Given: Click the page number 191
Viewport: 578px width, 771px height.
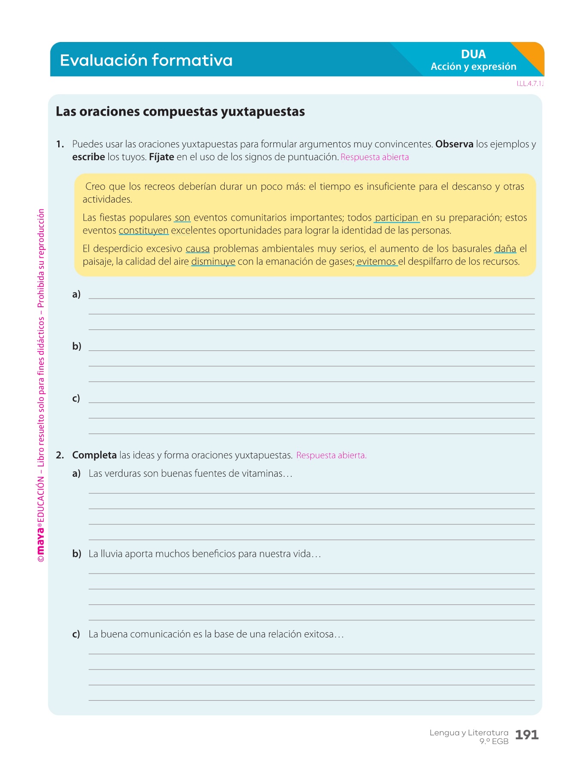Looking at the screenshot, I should tap(527, 735).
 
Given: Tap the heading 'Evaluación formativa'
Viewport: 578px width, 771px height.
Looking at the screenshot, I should tap(146, 60).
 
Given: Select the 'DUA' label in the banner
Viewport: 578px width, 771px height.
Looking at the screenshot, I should tap(473, 54).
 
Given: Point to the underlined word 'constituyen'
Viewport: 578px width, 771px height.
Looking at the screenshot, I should tap(143, 230).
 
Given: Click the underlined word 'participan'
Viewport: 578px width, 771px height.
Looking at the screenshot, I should tap(396, 218).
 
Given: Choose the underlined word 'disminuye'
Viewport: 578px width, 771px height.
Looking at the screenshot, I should tap(213, 262).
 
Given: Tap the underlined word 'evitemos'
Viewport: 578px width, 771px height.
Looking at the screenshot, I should tap(376, 262).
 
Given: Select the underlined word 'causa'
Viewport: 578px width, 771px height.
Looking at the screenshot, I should tap(197, 249).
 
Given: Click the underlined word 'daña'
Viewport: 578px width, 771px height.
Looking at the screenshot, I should tap(506, 249).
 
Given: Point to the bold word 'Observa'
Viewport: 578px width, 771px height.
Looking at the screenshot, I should tap(454, 144).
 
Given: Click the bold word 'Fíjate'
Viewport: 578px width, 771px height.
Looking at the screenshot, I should tap(161, 157).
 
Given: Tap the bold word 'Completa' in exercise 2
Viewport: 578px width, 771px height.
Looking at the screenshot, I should tap(94, 455).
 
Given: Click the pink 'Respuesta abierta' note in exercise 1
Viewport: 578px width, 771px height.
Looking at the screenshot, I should tap(375, 157).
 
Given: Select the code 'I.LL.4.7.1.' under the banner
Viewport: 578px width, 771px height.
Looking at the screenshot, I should tap(530, 84).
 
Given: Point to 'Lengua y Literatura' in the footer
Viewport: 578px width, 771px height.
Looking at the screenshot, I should tap(469, 733).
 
